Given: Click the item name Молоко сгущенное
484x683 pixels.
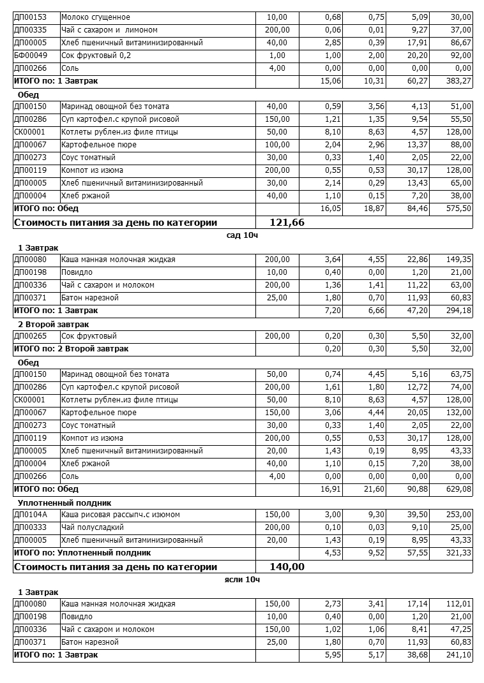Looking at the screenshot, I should click(x=96, y=17).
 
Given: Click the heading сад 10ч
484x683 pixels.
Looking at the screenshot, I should click(x=242, y=235).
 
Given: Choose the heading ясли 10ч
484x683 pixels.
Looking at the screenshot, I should click(x=242, y=580).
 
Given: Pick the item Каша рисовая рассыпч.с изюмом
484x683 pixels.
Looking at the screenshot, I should click(x=120, y=515).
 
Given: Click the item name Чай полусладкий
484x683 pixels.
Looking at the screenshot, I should click(x=92, y=527).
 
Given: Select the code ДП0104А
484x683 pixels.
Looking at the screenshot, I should click(x=31, y=515).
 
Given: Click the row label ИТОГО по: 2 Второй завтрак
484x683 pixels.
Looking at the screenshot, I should click(x=71, y=349).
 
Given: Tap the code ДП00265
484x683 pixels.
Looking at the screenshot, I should click(x=31, y=336).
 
